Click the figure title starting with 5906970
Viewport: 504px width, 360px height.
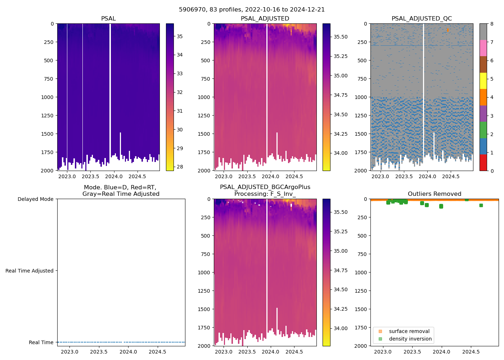pos(252,10)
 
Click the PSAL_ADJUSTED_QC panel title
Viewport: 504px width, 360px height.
pos(422,19)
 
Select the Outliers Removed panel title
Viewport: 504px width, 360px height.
pos(434,194)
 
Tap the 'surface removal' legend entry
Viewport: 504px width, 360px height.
pos(409,331)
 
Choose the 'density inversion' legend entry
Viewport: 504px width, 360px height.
pos(410,339)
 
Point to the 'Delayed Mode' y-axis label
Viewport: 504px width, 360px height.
pos(35,199)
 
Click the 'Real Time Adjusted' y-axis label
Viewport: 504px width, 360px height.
pos(29,271)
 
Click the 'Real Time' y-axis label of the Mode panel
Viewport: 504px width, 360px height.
pos(41,342)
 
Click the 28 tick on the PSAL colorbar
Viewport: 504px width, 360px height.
pos(180,167)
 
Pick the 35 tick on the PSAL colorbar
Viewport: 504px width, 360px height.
pos(180,36)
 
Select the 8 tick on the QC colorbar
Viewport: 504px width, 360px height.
pos(492,24)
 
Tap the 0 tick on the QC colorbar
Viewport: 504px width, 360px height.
pos(492,171)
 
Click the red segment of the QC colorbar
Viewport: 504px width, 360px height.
pos(483,162)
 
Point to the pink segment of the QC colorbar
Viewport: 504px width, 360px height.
pos(483,48)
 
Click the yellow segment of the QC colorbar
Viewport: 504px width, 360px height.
pos(483,81)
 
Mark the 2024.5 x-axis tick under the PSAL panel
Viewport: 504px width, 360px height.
pos(137,176)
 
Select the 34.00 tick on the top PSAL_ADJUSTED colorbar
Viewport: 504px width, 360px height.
pos(340,153)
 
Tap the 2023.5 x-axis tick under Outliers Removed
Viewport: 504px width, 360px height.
pos(412,352)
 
